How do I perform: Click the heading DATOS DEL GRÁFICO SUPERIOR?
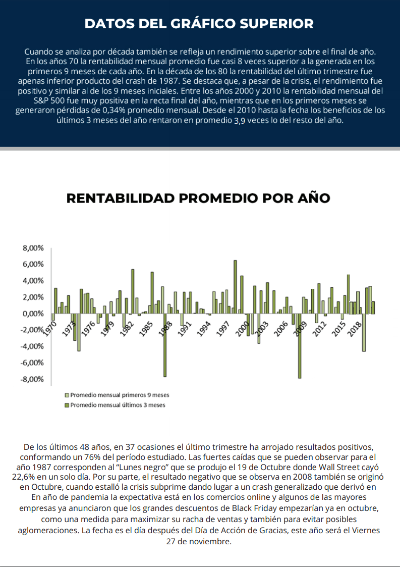click(x=199, y=24)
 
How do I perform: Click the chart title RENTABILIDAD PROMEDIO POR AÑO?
click(x=198, y=198)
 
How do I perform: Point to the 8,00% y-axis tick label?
click(x=33, y=248)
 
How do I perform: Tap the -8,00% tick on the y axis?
click(x=32, y=379)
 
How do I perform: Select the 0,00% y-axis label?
click(x=33, y=314)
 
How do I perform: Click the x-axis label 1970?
click(x=49, y=329)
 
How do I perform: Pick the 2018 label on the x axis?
click(x=355, y=329)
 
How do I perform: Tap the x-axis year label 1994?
click(x=203, y=329)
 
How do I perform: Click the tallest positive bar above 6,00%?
click(x=235, y=287)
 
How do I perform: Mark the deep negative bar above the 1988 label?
click(x=165, y=345)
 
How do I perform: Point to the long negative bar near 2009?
click(x=300, y=346)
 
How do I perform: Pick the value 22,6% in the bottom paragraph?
click(x=21, y=477)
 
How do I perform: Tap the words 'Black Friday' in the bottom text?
click(x=254, y=508)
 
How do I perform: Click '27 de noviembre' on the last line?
click(x=198, y=542)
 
